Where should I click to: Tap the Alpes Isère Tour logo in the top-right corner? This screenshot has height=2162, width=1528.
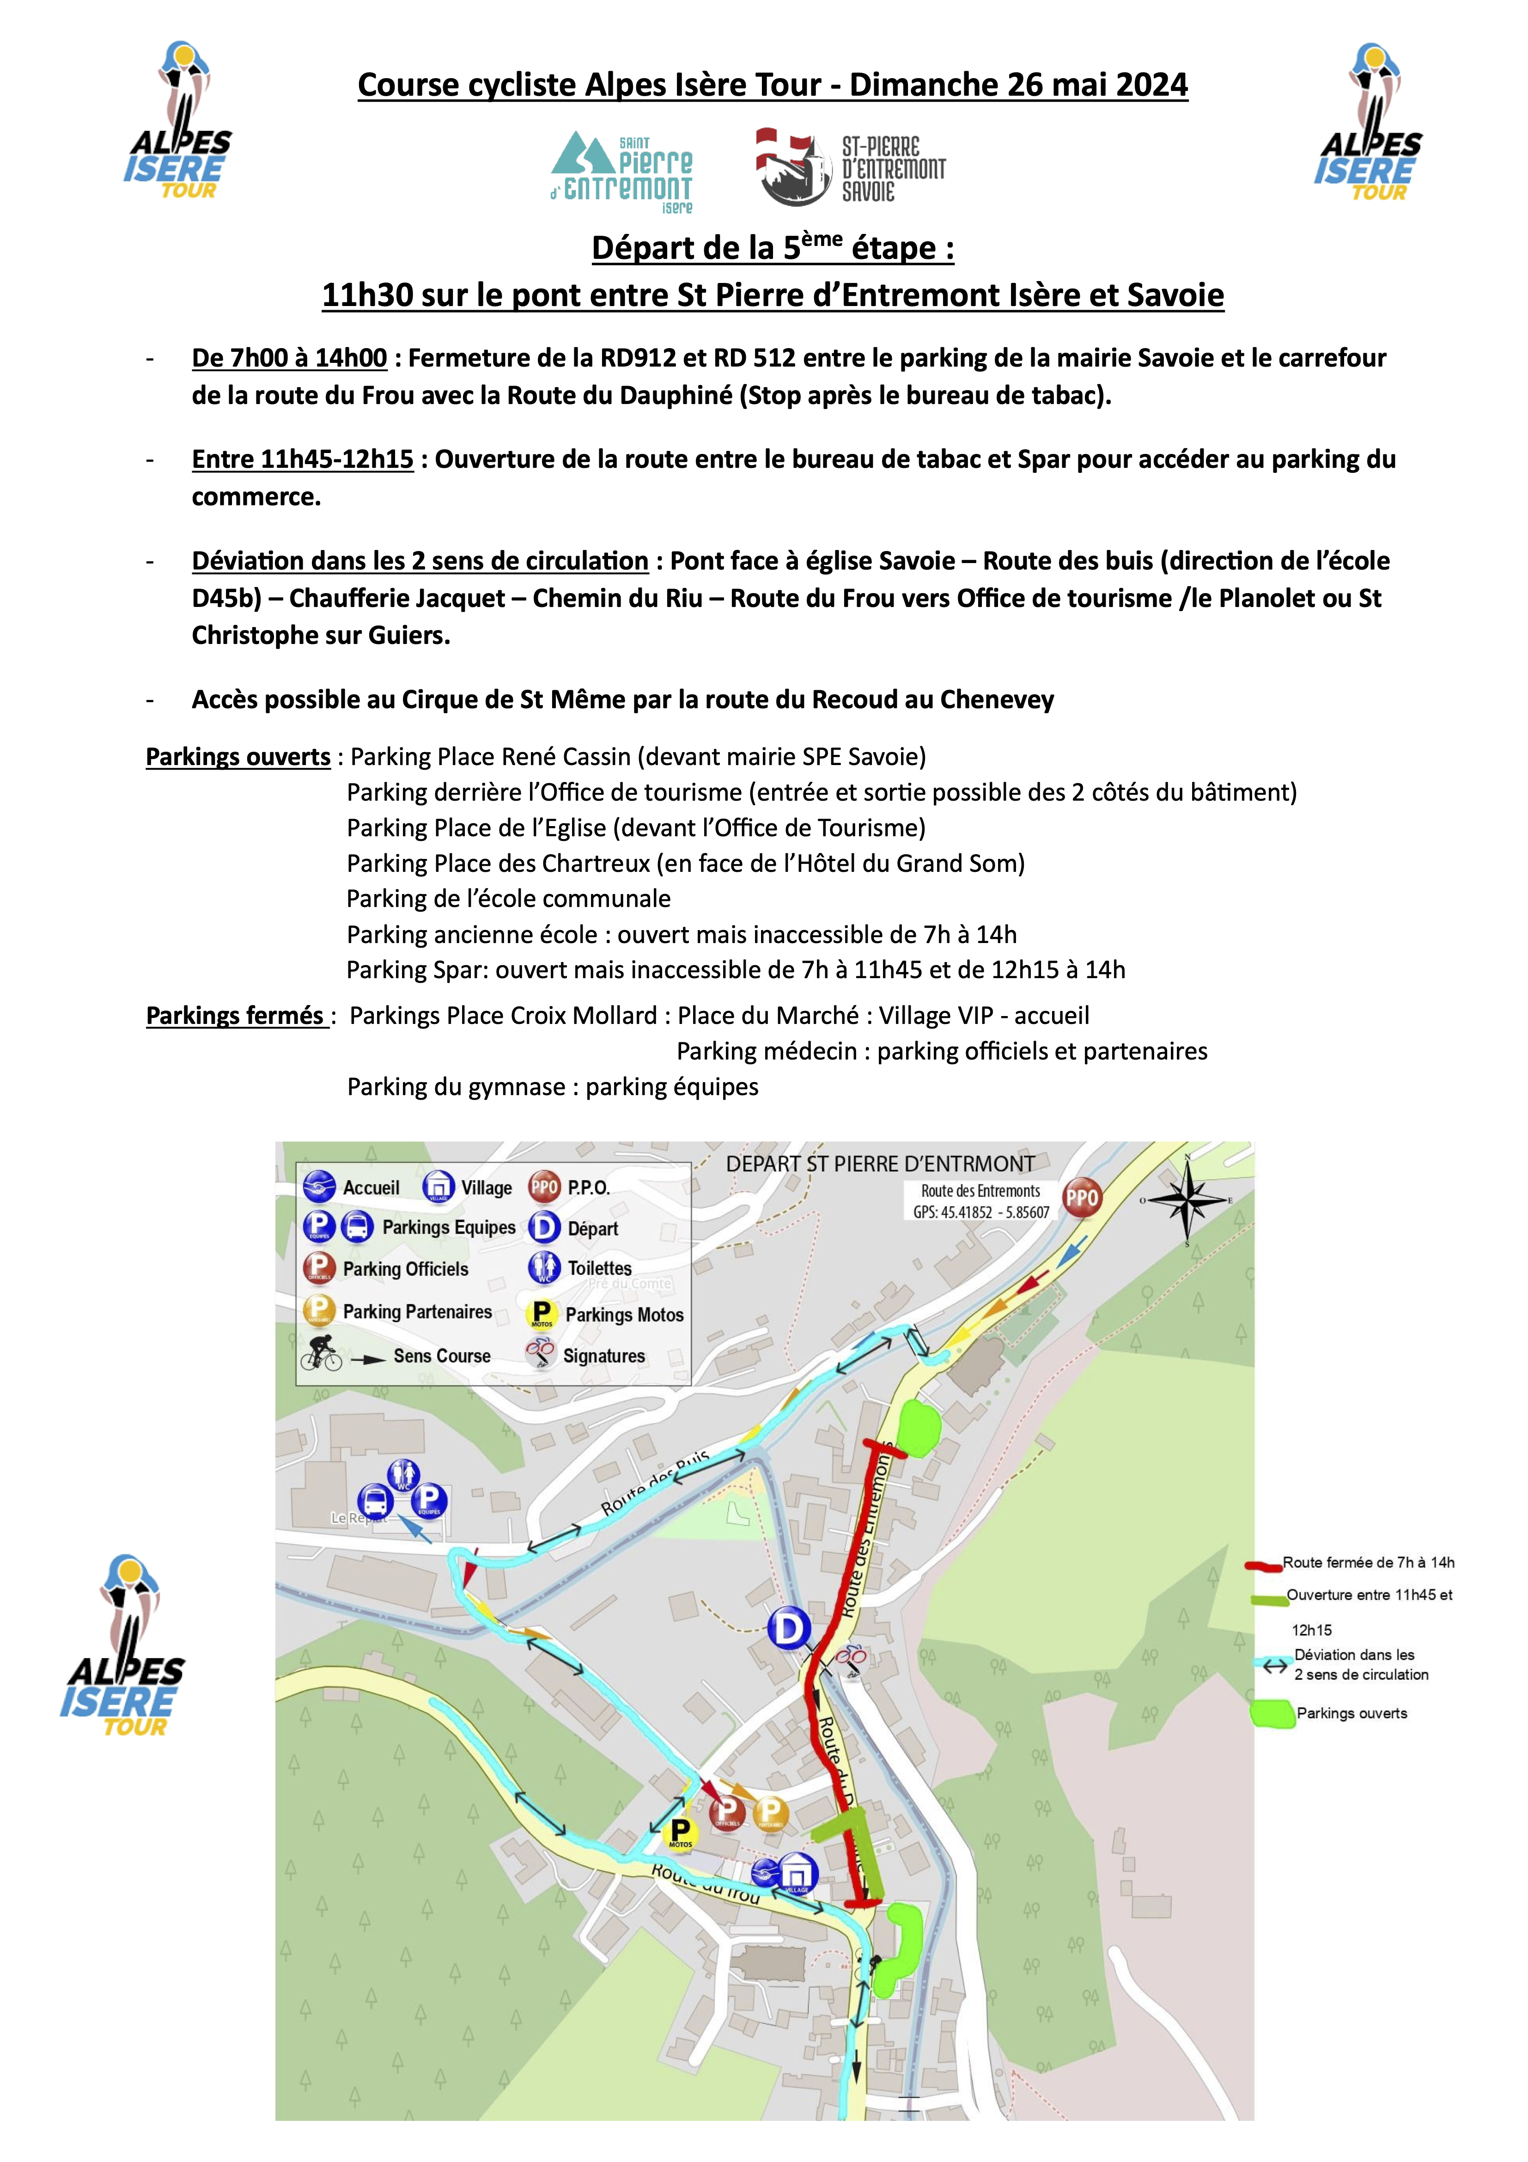click(x=1370, y=122)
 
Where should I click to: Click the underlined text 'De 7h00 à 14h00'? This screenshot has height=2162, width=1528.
click(x=289, y=359)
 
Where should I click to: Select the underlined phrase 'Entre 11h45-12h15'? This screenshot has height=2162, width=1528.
click(x=302, y=459)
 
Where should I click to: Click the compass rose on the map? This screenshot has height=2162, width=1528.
click(x=1188, y=1200)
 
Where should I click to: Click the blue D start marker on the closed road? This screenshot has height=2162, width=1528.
click(x=789, y=1628)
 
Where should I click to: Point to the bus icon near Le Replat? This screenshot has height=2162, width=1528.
click(x=375, y=1500)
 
